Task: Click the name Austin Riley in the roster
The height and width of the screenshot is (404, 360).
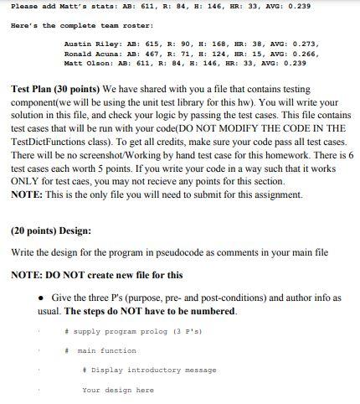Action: (86, 42)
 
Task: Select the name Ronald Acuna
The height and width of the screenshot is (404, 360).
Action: (86, 52)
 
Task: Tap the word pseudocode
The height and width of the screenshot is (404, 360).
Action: (178, 251)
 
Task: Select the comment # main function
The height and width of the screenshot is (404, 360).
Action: (105, 350)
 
